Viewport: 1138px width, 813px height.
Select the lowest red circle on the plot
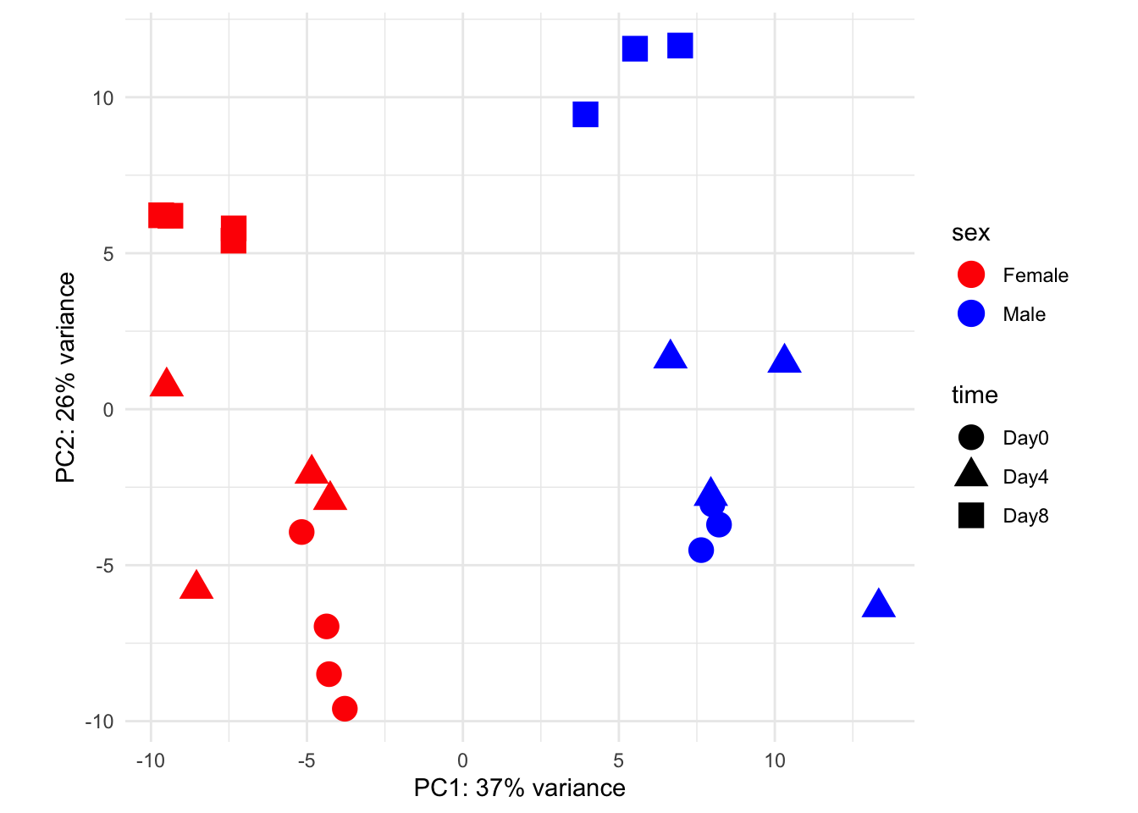pyautogui.click(x=345, y=709)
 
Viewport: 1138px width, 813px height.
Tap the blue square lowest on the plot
pyautogui.click(x=585, y=114)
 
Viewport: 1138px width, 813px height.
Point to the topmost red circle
pyautogui.click(x=301, y=532)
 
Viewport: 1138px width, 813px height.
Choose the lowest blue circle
pyautogui.click(x=701, y=550)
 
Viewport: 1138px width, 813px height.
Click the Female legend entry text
pyautogui.click(x=1035, y=275)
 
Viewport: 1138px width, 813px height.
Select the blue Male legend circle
pyautogui.click(x=971, y=314)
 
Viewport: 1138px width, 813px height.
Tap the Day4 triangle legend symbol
pyautogui.click(x=971, y=474)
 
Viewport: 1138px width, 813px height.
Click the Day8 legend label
pyautogui.click(x=1025, y=516)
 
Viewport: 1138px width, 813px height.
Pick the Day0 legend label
pyautogui.click(x=1025, y=438)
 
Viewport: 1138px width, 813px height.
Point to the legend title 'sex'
pyautogui.click(x=970, y=233)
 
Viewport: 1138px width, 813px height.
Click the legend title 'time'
pyautogui.click(x=975, y=395)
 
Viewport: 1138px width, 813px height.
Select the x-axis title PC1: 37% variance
pyautogui.click(x=519, y=788)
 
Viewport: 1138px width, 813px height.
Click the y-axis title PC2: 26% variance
pyautogui.click(x=66, y=378)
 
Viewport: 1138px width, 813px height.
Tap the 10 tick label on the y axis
pyautogui.click(x=102, y=98)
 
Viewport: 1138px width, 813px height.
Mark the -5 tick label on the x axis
pyautogui.click(x=307, y=760)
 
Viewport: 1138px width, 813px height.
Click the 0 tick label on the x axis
pyautogui.click(x=463, y=760)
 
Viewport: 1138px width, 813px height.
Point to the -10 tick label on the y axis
pyautogui.click(x=98, y=722)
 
